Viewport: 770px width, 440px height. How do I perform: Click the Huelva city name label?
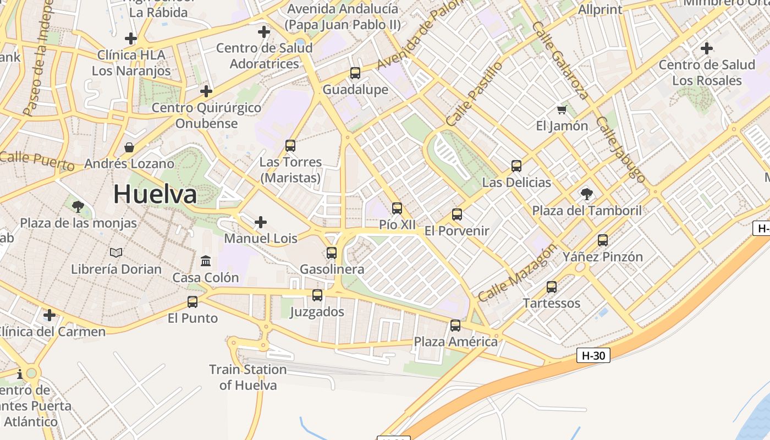(155, 194)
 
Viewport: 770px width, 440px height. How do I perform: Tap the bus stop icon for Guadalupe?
(355, 73)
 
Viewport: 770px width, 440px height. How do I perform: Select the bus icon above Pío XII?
(397, 208)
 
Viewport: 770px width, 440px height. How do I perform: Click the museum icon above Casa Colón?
(206, 261)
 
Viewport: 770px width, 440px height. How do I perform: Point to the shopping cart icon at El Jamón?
(562, 110)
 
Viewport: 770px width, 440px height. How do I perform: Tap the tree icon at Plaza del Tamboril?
(586, 194)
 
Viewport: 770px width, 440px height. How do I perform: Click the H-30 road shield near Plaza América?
(593, 356)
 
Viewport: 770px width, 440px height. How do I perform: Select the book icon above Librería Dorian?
(116, 252)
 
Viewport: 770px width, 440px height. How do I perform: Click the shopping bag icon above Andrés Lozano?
(129, 147)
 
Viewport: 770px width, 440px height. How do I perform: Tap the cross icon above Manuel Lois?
(261, 222)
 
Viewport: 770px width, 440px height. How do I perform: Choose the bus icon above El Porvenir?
(457, 215)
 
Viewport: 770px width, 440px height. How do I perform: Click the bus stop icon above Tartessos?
(552, 287)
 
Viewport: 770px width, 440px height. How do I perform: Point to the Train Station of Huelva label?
(248, 377)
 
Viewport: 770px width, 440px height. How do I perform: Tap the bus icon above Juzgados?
(317, 295)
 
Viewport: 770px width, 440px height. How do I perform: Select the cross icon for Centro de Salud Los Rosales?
(707, 48)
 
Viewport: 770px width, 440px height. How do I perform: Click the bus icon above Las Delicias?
(516, 166)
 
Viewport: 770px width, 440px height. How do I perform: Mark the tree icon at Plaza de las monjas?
(78, 207)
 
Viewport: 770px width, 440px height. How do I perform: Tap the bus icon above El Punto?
(193, 302)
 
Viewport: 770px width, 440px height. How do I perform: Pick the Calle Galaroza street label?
(560, 61)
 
